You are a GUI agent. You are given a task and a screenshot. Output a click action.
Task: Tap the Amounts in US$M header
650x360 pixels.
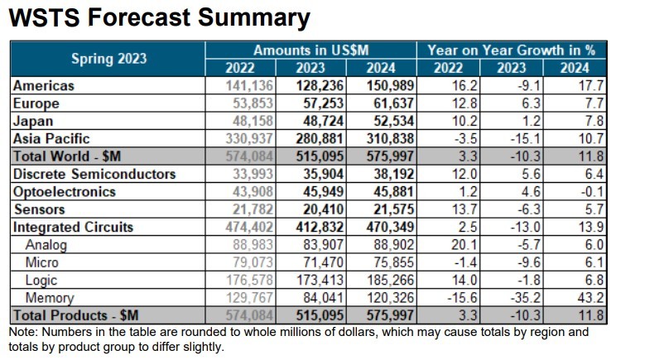[x=311, y=50]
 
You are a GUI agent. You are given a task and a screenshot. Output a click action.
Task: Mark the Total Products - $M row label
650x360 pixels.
[x=75, y=315]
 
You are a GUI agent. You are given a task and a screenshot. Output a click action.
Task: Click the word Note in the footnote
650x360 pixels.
[x=21, y=332]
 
